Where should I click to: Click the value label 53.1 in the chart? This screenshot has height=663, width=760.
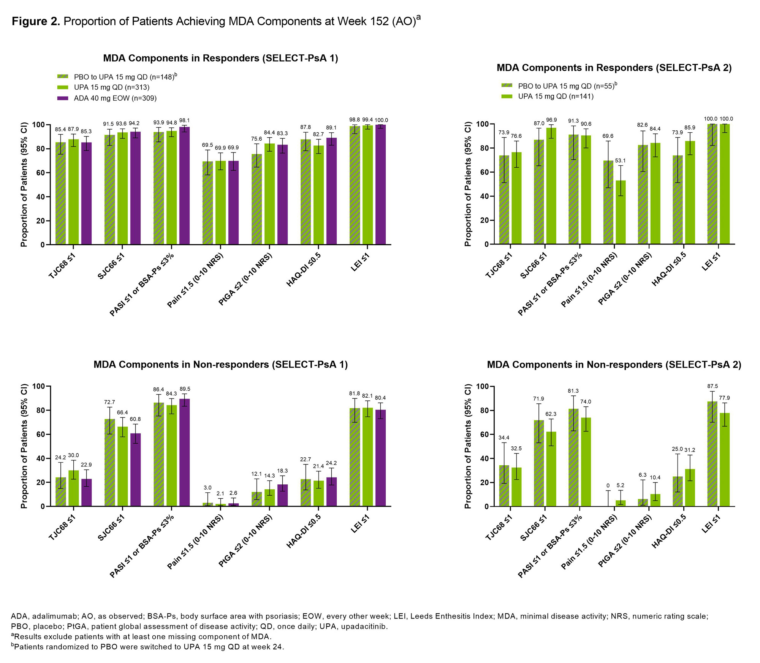click(620, 161)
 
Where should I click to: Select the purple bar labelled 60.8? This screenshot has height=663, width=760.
click(135, 470)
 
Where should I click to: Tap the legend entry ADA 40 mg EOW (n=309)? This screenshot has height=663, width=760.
click(115, 98)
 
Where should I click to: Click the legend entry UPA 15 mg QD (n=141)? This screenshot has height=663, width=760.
click(556, 97)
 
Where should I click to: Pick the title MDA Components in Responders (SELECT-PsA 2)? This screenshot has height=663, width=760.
click(614, 68)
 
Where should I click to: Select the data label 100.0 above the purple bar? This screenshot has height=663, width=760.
click(381, 120)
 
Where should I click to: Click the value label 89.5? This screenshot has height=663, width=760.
click(185, 389)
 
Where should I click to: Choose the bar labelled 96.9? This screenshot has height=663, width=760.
click(551, 186)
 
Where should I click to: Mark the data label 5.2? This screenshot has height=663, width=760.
click(620, 485)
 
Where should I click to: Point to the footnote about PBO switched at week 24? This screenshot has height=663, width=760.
click(147, 647)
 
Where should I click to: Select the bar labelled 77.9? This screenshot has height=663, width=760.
click(724, 460)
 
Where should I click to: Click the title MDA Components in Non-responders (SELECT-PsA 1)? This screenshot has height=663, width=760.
click(220, 365)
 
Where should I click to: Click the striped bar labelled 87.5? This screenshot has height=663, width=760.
click(712, 454)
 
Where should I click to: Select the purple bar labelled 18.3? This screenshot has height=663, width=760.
click(282, 495)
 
